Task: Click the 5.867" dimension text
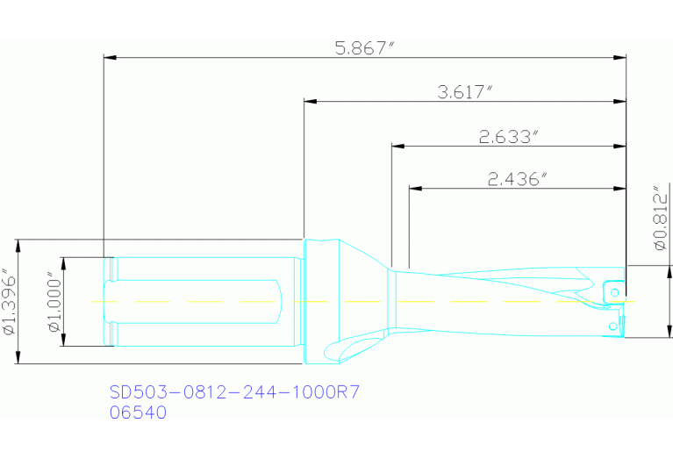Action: [x=363, y=48]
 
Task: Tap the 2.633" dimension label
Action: [x=507, y=136]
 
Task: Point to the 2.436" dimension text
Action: [x=517, y=179]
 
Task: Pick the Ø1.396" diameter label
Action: [x=9, y=301]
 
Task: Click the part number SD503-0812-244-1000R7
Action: [x=234, y=391]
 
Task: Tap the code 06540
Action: [x=137, y=412]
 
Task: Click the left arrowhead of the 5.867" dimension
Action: [x=109, y=58]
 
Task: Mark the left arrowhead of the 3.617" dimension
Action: [x=310, y=101]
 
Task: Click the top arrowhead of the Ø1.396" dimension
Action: [x=18, y=243]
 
